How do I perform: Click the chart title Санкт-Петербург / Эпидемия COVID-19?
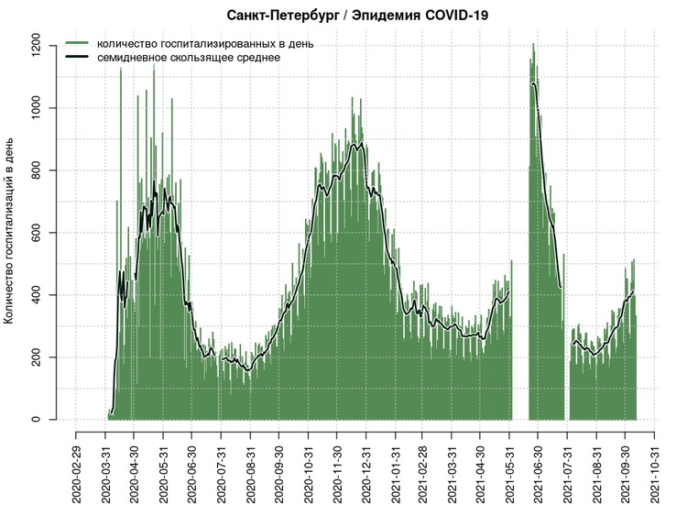coord(350,16)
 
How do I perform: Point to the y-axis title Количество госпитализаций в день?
coord(11,231)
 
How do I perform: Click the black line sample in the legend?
coord(76,57)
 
